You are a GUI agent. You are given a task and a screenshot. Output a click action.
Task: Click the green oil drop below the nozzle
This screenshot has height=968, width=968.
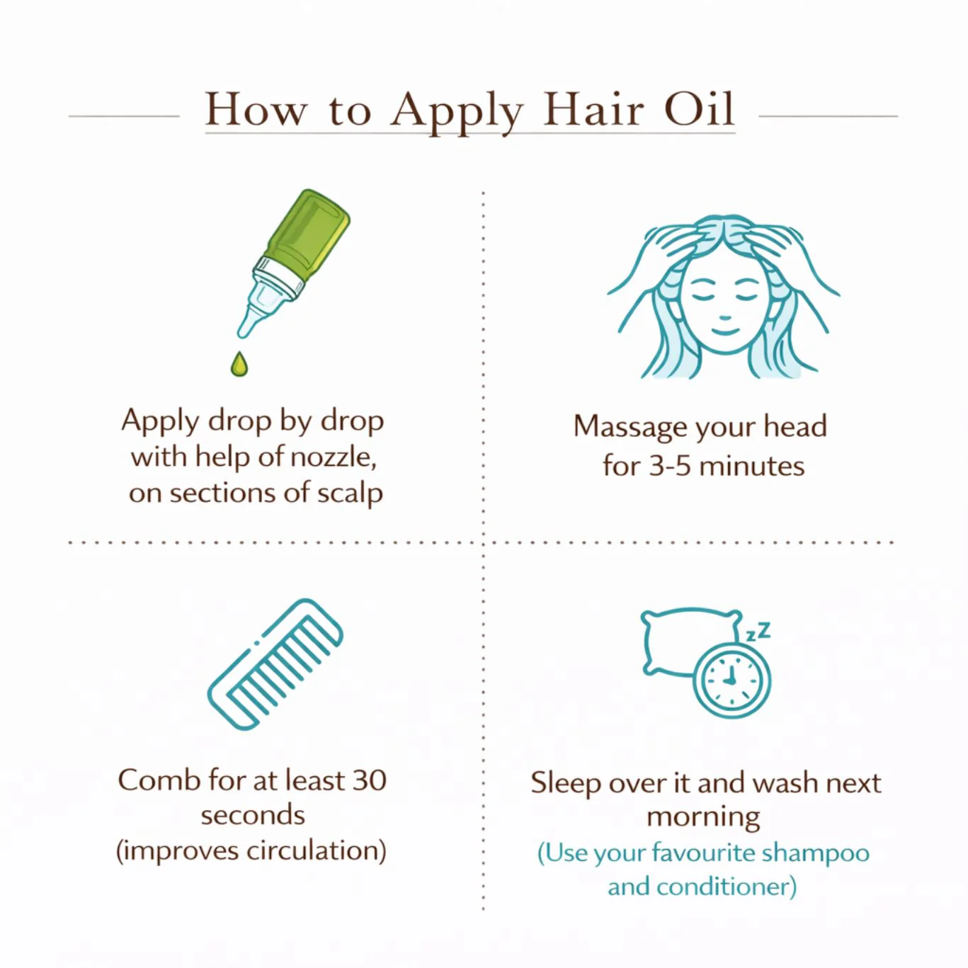pos(239,364)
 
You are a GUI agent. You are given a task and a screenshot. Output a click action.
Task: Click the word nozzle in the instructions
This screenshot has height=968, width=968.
pos(333,457)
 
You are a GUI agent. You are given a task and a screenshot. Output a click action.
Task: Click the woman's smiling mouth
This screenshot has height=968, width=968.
pos(724,331)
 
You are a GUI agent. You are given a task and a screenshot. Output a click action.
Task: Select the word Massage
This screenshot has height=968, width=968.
pos(630,427)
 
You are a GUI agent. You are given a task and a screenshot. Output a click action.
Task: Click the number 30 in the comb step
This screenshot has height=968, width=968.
pos(369,780)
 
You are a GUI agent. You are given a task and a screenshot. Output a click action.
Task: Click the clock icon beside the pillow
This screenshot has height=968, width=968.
pos(731,679)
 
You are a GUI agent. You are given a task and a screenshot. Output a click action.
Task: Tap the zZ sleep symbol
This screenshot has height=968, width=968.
pos(759,631)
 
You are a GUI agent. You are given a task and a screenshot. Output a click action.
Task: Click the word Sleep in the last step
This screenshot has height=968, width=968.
pos(565,783)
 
